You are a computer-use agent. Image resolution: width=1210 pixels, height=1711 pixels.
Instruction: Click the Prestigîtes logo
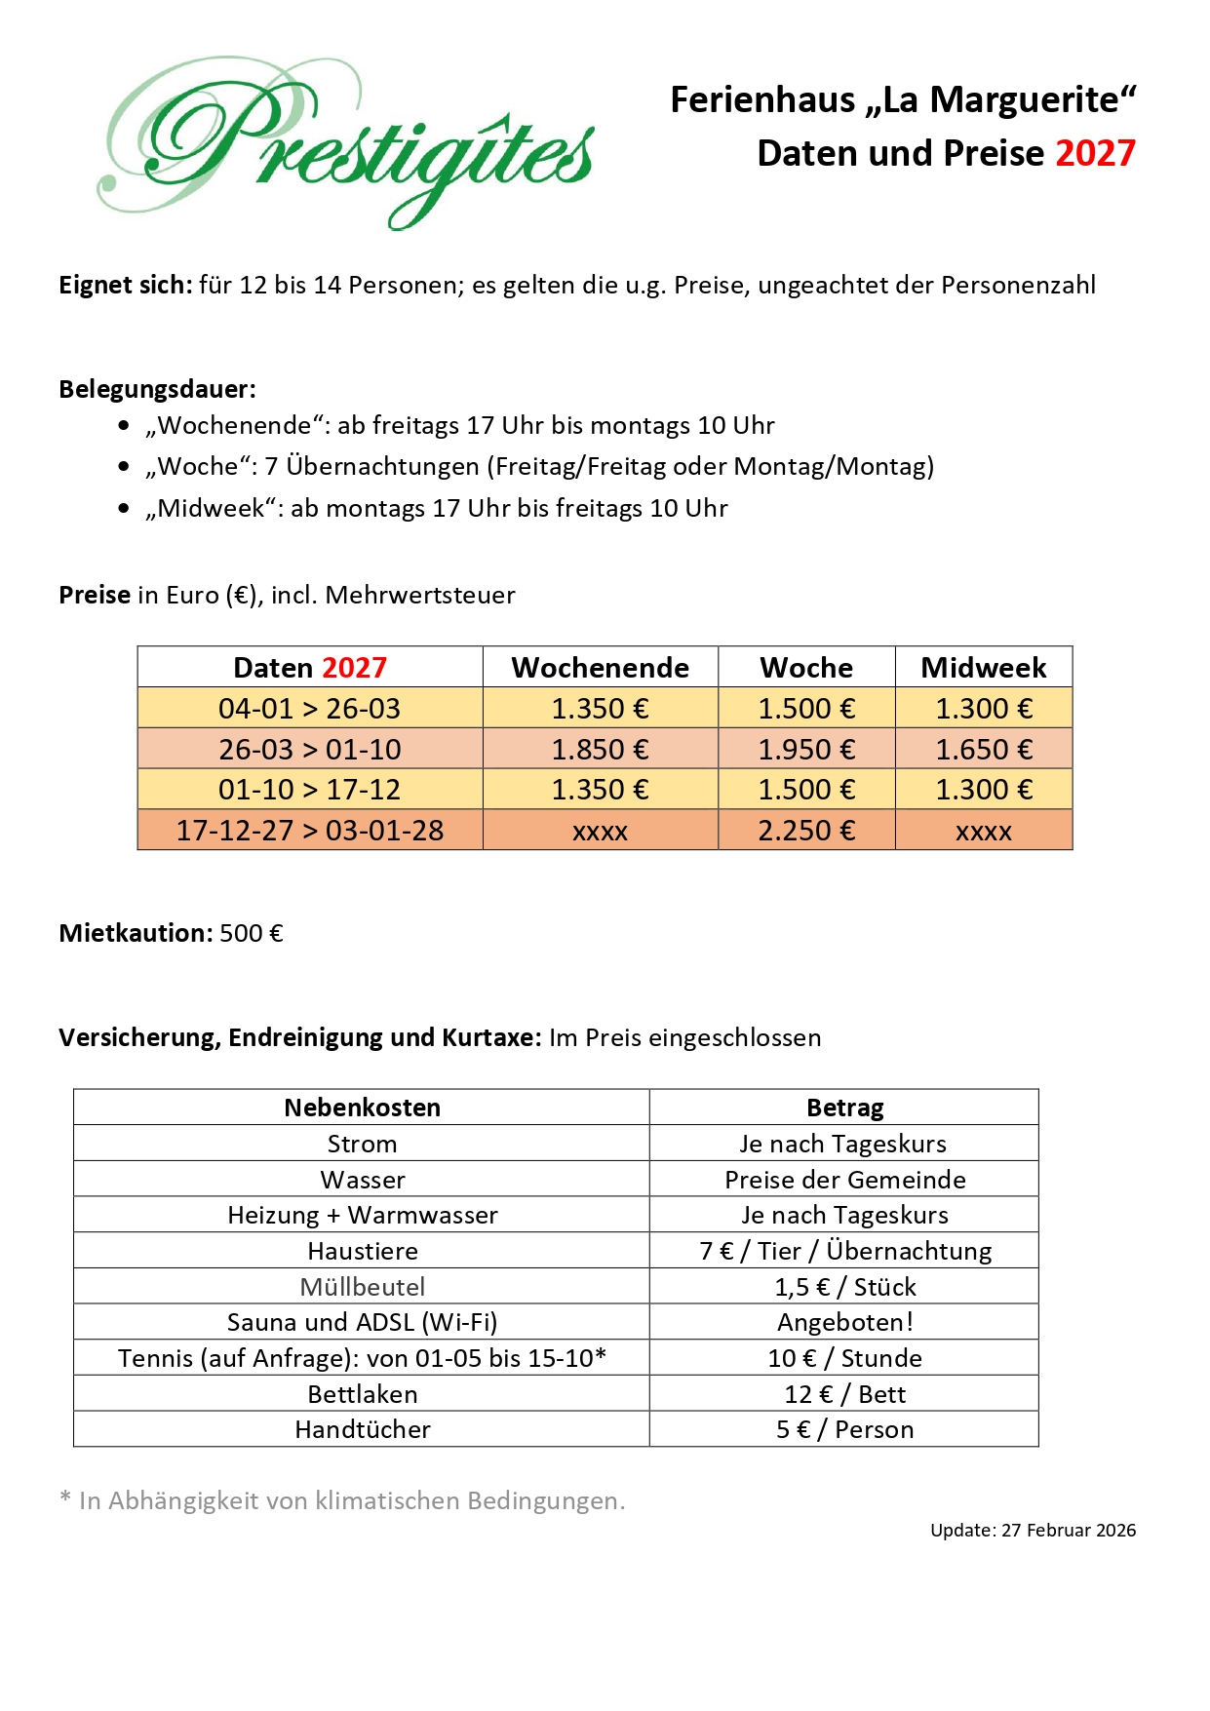coord(346,143)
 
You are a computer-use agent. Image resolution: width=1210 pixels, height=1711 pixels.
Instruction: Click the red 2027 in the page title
coord(1095,154)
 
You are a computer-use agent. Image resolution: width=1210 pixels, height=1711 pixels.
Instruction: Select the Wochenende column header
coord(600,668)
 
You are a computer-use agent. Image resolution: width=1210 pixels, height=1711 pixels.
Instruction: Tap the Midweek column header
coord(983,668)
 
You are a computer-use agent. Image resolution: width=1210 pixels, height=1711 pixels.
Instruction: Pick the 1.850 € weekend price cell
coord(600,750)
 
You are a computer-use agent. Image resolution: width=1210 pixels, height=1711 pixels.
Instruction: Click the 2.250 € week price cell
coord(806,831)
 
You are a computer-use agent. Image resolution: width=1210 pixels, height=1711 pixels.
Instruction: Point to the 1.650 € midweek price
coord(983,750)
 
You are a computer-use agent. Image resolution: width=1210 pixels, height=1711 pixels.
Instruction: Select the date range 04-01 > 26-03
coord(309,709)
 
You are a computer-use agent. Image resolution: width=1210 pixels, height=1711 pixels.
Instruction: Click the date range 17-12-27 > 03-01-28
coord(309,831)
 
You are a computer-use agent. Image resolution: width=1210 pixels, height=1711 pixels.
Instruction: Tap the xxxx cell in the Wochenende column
coord(600,832)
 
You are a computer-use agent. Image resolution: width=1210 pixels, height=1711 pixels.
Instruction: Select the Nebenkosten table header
coord(362,1108)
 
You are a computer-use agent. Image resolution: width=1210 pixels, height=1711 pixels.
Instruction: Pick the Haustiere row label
coord(362,1251)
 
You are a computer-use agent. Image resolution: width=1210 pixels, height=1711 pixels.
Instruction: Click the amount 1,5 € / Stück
coord(844,1287)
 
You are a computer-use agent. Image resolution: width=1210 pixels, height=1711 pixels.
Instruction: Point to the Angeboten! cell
coord(844,1323)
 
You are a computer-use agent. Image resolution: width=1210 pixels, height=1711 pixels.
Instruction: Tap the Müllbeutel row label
coord(362,1287)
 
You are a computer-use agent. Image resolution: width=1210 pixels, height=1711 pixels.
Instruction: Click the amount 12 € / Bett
coord(844,1394)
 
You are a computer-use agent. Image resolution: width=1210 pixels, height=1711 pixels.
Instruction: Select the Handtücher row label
coord(362,1430)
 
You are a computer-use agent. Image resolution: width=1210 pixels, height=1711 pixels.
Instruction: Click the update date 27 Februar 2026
coord(1068,1531)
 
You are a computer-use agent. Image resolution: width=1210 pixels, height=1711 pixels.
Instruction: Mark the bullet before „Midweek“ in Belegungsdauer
coord(124,508)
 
